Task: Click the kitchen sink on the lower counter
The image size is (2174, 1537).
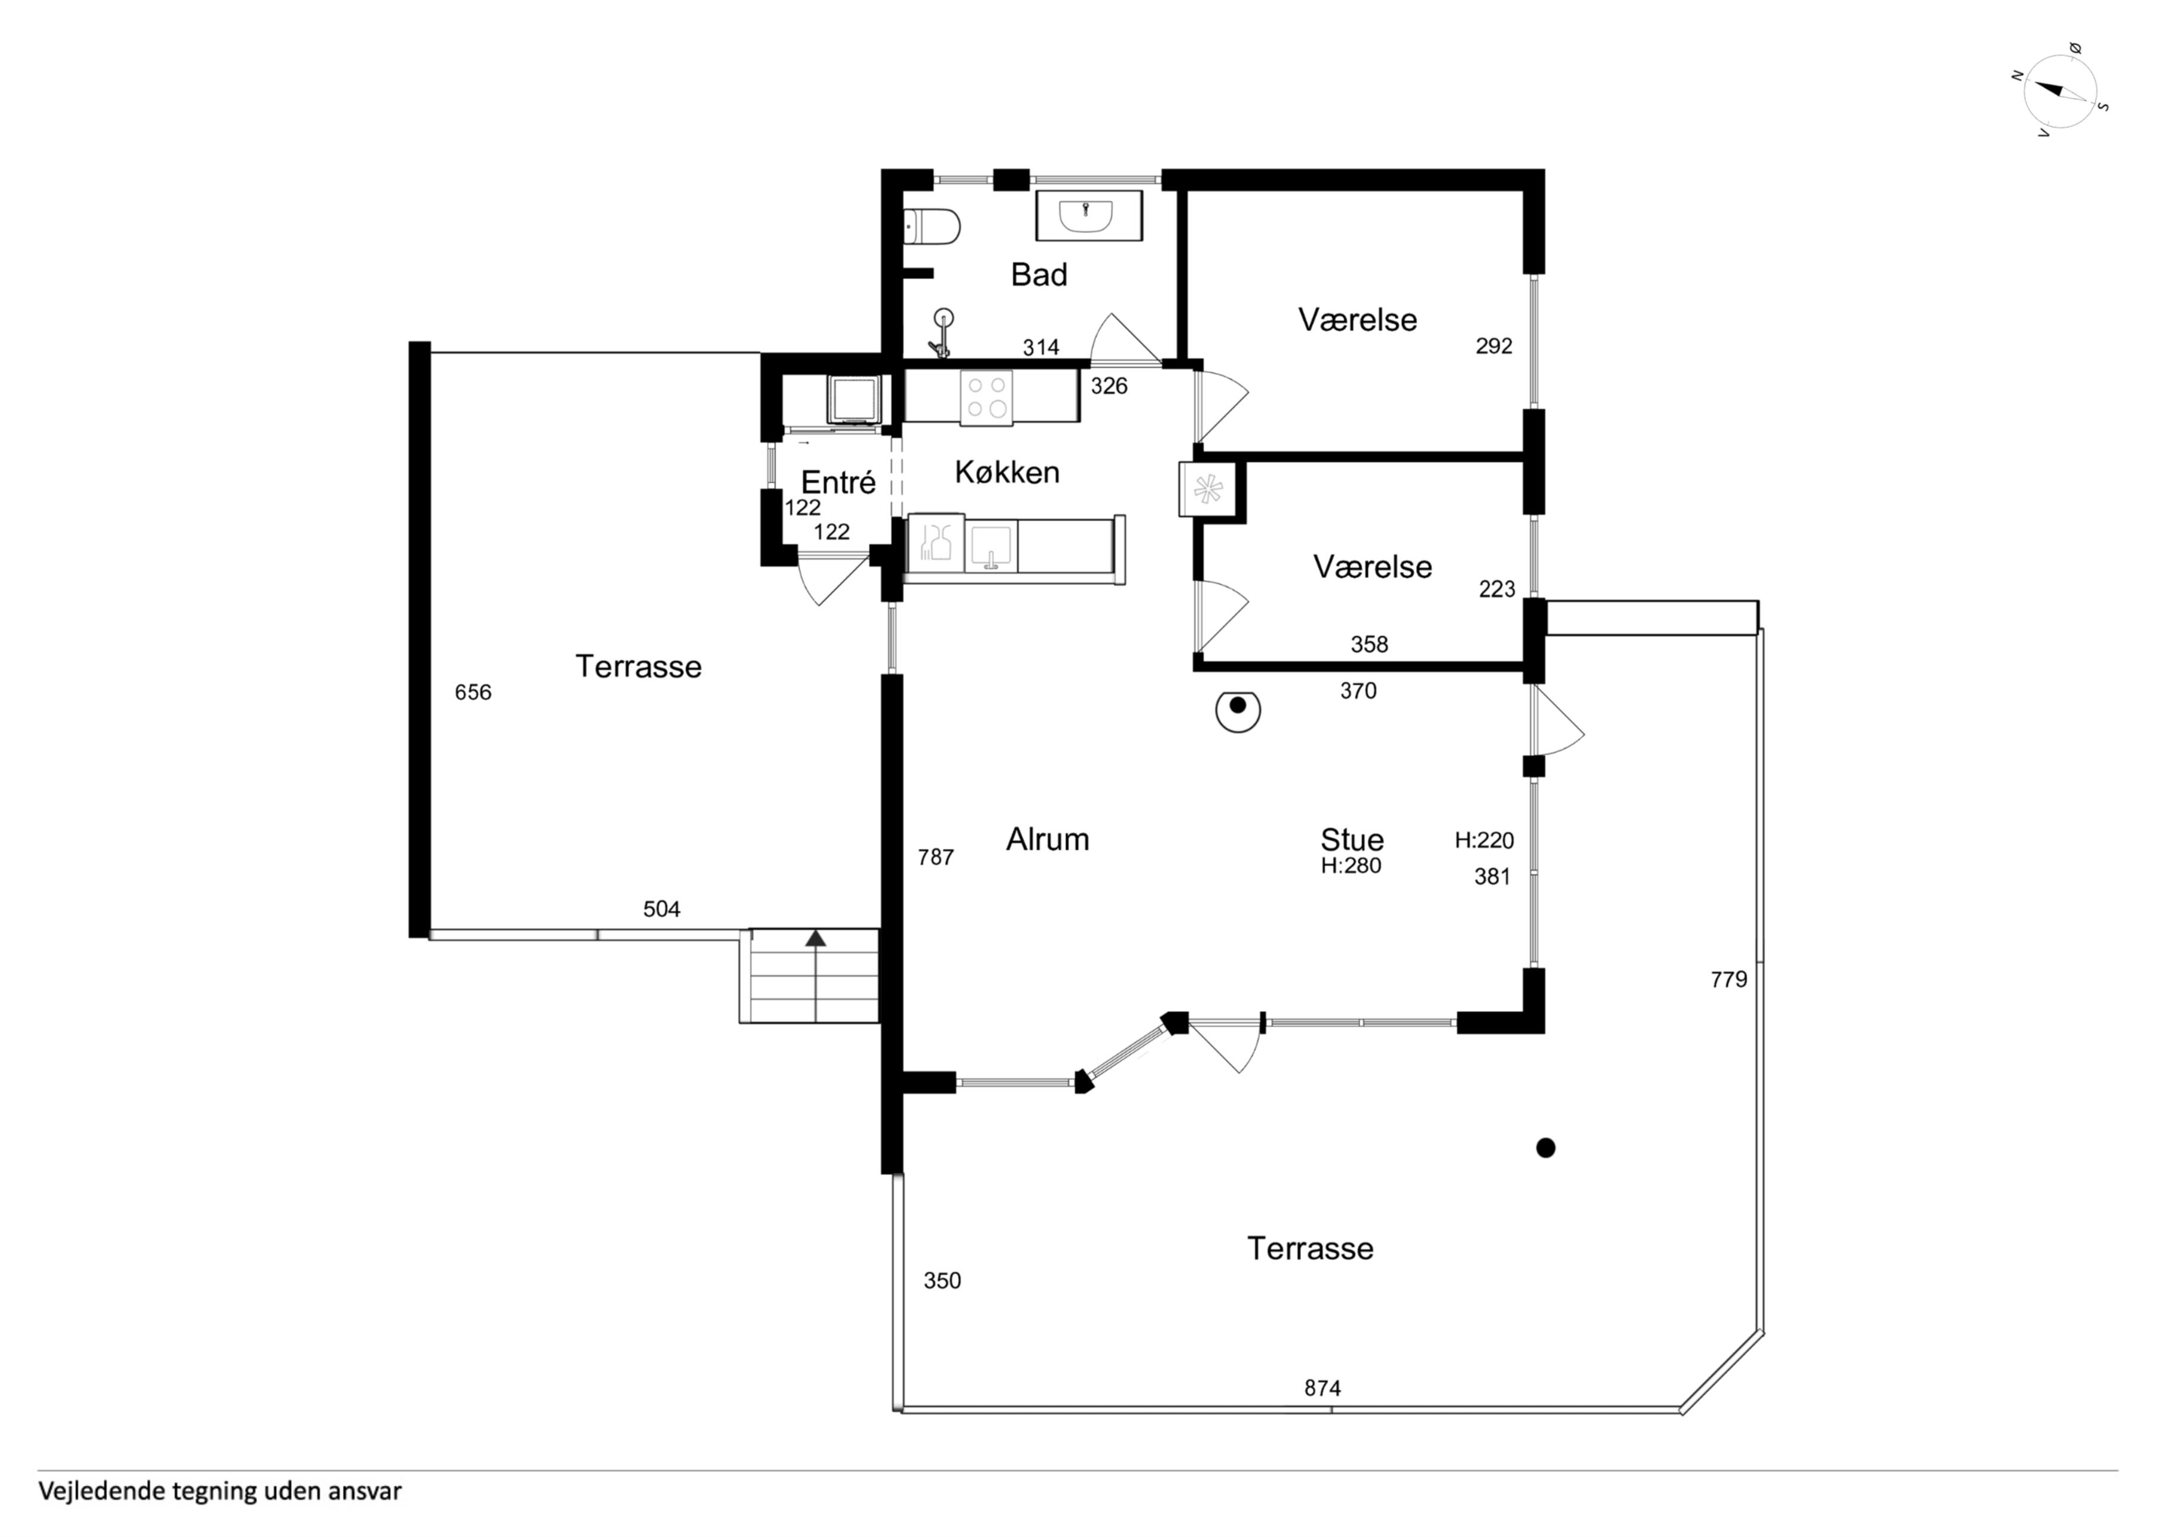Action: pyautogui.click(x=990, y=547)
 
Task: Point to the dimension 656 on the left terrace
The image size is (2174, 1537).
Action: pyautogui.click(x=473, y=693)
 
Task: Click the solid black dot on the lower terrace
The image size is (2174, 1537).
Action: pyautogui.click(x=1546, y=1148)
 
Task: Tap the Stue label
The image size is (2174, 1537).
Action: pyautogui.click(x=1352, y=839)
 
